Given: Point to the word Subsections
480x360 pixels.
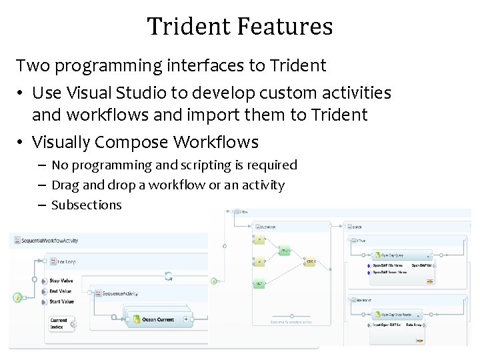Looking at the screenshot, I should pos(87,205).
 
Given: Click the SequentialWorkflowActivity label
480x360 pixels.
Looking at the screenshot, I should pos(50,240).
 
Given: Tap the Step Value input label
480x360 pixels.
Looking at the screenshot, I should pos(61,281).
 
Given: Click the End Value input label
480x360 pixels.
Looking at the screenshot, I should pos(60,291).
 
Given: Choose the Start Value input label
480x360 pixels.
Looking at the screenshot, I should pos(61,301).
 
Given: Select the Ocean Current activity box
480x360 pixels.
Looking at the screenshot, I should pos(158,320).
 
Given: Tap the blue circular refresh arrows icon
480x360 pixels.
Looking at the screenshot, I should pos(169,276).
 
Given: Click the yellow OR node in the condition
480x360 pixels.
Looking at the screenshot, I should pos(310,261).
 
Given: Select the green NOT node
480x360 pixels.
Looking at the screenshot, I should pos(259,284).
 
